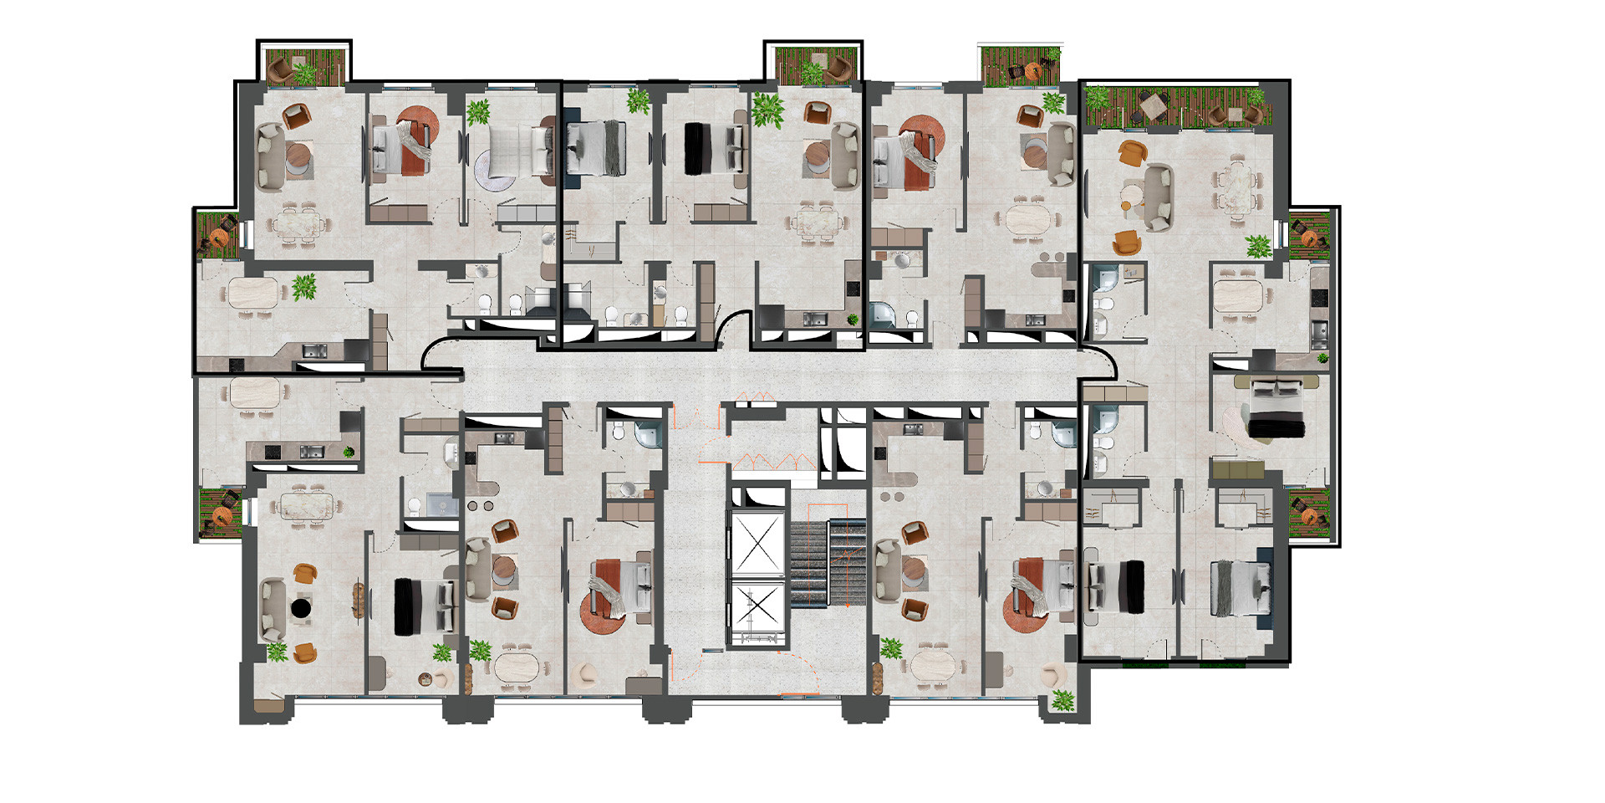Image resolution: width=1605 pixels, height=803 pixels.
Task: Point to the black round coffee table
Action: click(300, 607)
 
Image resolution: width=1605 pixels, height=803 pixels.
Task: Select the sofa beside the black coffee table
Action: click(273, 608)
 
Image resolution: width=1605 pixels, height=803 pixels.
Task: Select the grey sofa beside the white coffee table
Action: click(1158, 196)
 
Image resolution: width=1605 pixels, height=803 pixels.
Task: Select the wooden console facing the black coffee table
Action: click(359, 599)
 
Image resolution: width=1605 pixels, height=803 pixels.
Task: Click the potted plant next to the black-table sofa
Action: click(277, 650)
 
